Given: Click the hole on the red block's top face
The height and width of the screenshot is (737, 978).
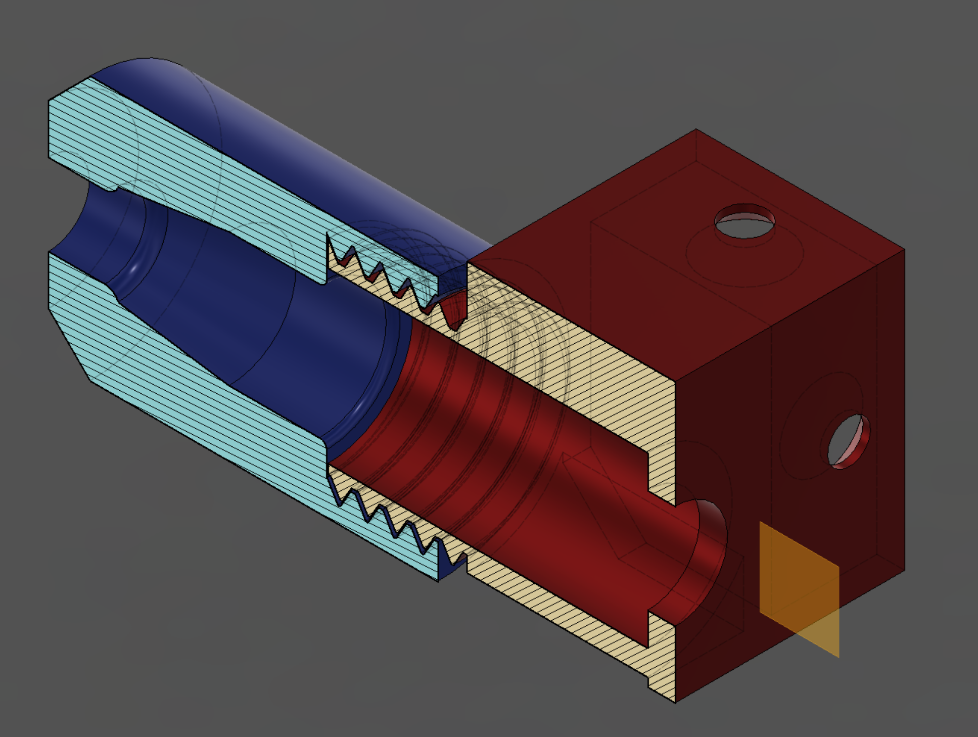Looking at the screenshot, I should (744, 221).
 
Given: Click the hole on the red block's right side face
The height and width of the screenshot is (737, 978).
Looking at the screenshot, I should (848, 441).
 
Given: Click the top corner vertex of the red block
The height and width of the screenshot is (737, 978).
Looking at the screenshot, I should (696, 130).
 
